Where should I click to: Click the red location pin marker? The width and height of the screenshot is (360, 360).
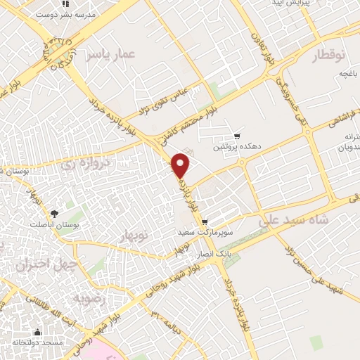181,164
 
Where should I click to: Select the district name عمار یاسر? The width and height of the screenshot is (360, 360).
109,56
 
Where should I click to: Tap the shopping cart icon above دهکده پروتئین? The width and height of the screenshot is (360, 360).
237,136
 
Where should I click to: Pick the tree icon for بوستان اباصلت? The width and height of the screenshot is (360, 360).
54,213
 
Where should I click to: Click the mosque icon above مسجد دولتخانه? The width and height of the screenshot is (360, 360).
37,332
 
